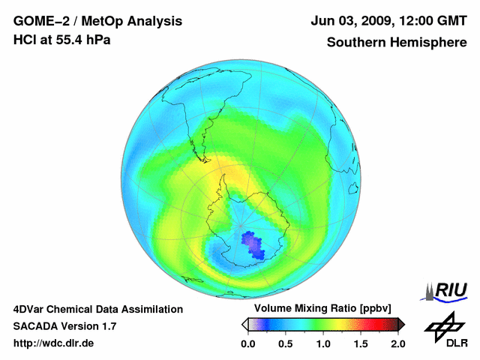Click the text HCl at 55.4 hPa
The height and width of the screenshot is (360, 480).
pyautogui.click(x=62, y=40)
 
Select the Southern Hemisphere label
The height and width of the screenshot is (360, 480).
pyautogui.click(x=397, y=43)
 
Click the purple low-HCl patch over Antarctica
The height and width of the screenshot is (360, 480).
pyautogui.click(x=254, y=244)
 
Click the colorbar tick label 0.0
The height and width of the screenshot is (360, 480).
pyautogui.click(x=247, y=343)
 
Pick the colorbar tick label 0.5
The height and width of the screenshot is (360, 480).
pyautogui.click(x=285, y=343)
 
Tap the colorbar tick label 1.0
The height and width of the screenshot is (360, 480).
pyautogui.click(x=322, y=343)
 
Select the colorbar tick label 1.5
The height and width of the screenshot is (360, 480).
pyautogui.click(x=360, y=343)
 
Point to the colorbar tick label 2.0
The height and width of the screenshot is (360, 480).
pyautogui.click(x=397, y=343)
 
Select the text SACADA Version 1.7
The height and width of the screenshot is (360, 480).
pyautogui.click(x=64, y=326)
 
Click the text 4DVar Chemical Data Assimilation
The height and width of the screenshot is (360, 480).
pyautogui.click(x=97, y=309)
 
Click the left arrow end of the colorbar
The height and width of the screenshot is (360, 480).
pyautogui.click(x=245, y=324)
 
